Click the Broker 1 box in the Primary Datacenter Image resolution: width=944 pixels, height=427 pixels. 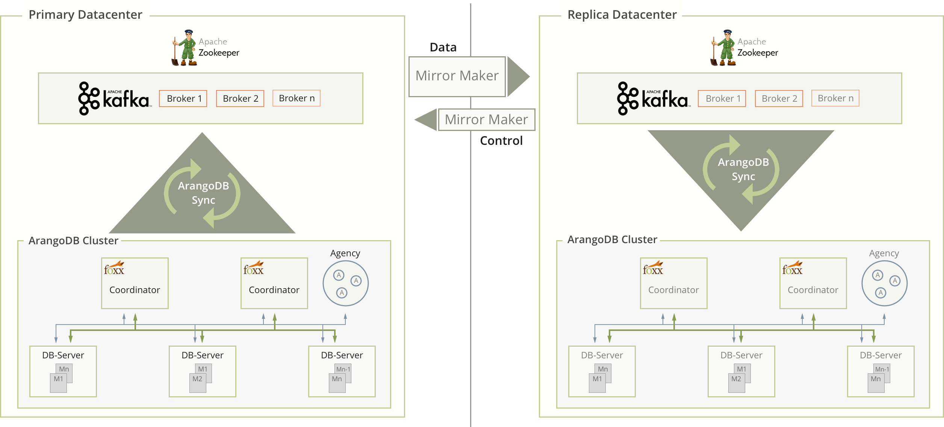[183, 99]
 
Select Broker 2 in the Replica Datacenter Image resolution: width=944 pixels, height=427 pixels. [779, 99]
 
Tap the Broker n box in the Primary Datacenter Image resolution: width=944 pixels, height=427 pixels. [296, 98]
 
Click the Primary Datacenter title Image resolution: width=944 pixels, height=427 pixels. [85, 15]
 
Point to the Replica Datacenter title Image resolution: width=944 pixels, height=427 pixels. [622, 15]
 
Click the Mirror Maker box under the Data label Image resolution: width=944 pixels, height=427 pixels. [457, 76]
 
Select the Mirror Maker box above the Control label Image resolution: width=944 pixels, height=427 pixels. [486, 120]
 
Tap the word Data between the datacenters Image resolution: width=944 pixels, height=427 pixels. [443, 47]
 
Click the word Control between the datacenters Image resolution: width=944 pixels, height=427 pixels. [501, 141]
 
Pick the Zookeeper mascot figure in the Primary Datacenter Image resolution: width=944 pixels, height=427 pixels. [185, 48]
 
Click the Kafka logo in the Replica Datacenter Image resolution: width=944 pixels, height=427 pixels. [653, 99]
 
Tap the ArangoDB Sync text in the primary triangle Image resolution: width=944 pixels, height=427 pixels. [203, 193]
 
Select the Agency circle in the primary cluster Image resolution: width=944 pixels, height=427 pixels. [345, 283]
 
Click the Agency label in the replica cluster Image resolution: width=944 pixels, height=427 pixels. [884, 253]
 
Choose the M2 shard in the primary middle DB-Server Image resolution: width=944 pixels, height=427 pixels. [197, 379]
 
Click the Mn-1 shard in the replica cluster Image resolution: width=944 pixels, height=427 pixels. [882, 369]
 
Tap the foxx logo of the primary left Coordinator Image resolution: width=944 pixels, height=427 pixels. [114, 268]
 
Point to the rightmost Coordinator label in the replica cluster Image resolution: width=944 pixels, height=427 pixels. [813, 290]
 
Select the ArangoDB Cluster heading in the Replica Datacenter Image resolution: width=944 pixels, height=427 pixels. [612, 240]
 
